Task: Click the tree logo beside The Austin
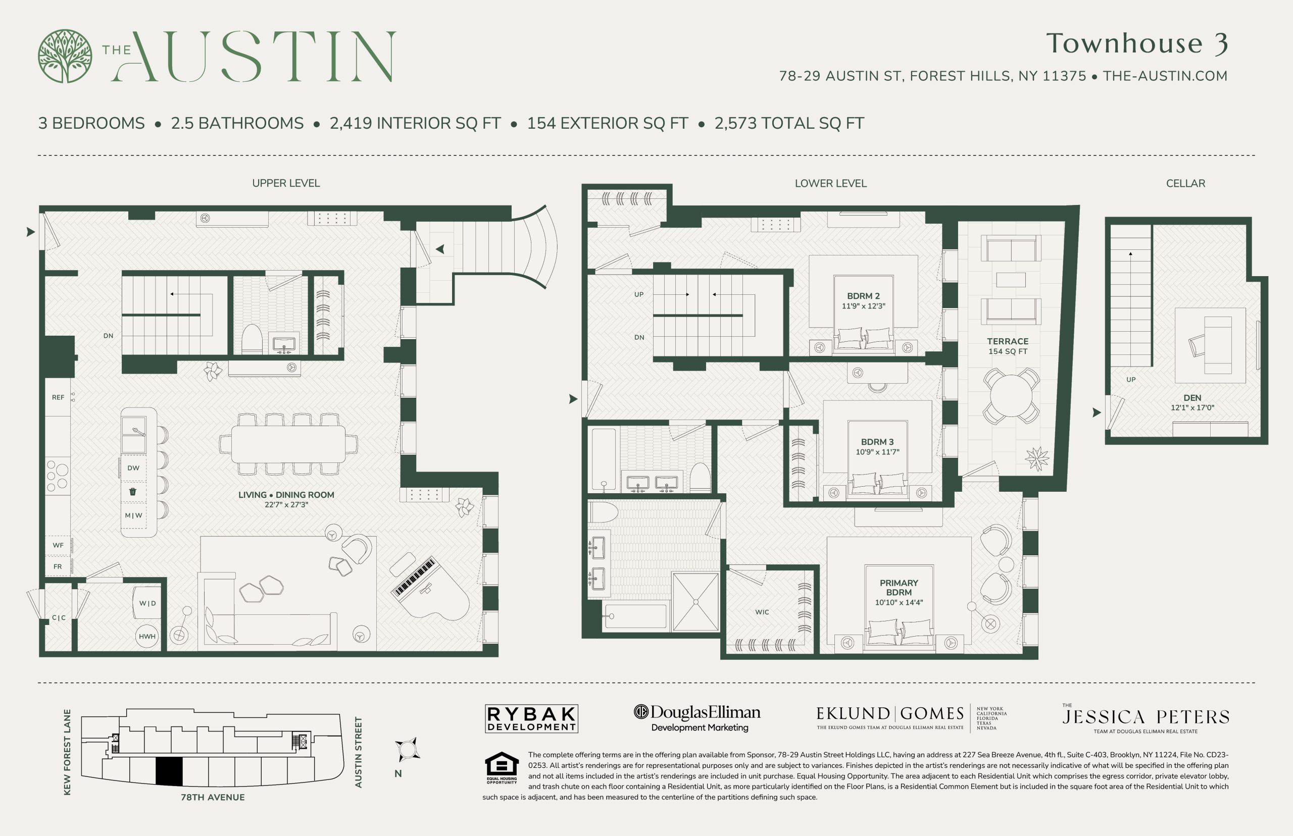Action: tap(65, 56)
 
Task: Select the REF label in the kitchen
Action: tap(58, 397)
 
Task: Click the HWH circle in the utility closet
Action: tap(147, 636)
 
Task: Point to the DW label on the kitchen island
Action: tap(133, 468)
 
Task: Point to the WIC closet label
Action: tap(762, 612)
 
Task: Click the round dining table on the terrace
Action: tap(1011, 396)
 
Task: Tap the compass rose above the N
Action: tap(407, 750)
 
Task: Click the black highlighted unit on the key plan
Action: tap(169, 771)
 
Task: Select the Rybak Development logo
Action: tap(531, 719)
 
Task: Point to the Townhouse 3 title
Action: tap(1137, 43)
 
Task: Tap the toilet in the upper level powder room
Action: tap(252, 339)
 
